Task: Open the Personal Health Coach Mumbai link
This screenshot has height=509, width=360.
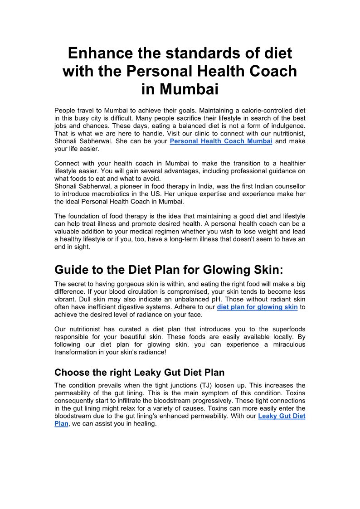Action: pos(221,141)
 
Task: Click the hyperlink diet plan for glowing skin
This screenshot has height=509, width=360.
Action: pos(257,307)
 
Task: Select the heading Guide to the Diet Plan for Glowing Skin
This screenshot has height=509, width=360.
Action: pos(169,270)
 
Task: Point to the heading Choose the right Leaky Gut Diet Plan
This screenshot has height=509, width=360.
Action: pos(139,373)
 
